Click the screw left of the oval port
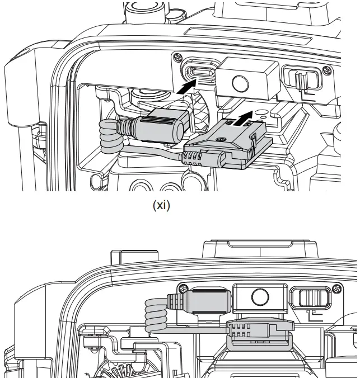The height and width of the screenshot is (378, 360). [x=176, y=56]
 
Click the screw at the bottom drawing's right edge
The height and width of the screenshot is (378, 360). [x=336, y=290]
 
